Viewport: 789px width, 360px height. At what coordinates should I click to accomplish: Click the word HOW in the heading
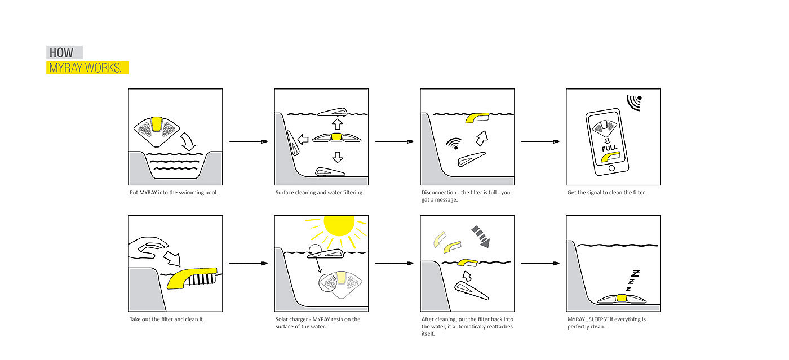[x=61, y=53]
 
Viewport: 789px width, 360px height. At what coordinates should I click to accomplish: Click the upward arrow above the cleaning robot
[x=337, y=124]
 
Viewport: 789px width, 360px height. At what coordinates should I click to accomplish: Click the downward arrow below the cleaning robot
[x=337, y=156]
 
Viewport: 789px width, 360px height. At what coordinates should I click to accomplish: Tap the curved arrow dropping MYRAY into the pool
[x=187, y=141]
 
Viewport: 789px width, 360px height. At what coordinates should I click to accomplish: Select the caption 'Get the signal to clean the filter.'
[x=606, y=193]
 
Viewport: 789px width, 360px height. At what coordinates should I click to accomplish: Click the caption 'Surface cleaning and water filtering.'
[x=320, y=193]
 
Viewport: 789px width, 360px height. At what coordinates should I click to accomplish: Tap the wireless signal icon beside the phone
[x=635, y=101]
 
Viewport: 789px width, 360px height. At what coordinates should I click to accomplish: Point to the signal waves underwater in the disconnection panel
[x=451, y=143]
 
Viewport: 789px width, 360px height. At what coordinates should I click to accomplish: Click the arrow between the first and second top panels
[x=248, y=141]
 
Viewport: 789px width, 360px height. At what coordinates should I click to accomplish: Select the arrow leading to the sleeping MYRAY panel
[x=540, y=263]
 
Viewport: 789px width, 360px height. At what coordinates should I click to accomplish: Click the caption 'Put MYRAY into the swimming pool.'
[x=174, y=193]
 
